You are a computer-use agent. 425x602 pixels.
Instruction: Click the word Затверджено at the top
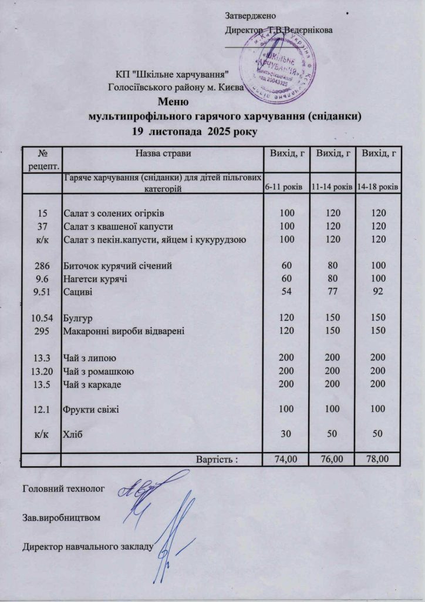pos(249,14)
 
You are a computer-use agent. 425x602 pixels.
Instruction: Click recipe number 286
pos(41,265)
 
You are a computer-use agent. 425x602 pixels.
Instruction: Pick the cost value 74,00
pos(286,459)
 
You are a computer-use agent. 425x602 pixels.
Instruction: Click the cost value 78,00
pos(379,459)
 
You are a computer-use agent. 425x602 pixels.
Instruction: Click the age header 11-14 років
pos(332,187)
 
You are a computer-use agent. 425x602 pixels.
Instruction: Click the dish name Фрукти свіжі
pos(91,409)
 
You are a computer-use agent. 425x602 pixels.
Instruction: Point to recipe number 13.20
pos(41,371)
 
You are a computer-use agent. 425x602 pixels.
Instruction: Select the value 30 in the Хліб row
pos(286,434)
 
